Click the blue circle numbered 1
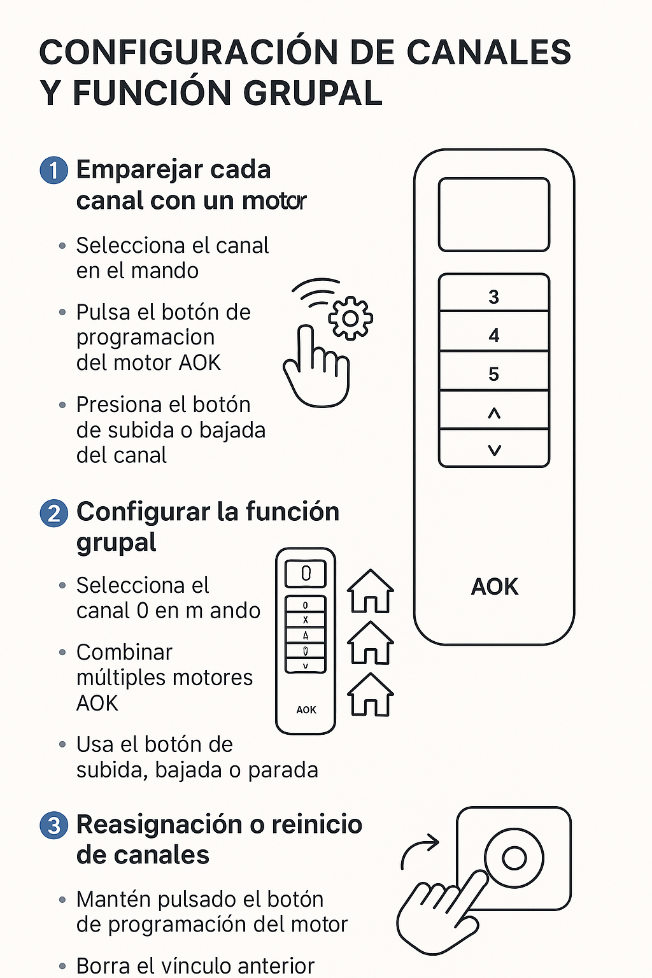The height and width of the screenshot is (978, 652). coord(53,170)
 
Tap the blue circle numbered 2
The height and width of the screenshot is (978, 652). coord(53,513)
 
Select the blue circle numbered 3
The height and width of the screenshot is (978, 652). coord(53,826)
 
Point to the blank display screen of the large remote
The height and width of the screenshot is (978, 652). coord(494,215)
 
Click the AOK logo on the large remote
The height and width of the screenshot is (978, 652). coord(494,586)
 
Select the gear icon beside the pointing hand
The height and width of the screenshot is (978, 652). coord(350,318)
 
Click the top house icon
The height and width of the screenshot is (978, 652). coord(371,591)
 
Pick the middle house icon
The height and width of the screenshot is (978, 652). coord(371,642)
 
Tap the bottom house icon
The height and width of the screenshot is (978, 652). coord(371,695)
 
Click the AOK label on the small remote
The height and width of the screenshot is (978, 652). coord(306,710)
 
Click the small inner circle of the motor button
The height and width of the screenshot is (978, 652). coord(514,858)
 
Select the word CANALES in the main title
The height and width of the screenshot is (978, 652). coord(488,52)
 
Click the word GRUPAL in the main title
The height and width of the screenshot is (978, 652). coord(313,93)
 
